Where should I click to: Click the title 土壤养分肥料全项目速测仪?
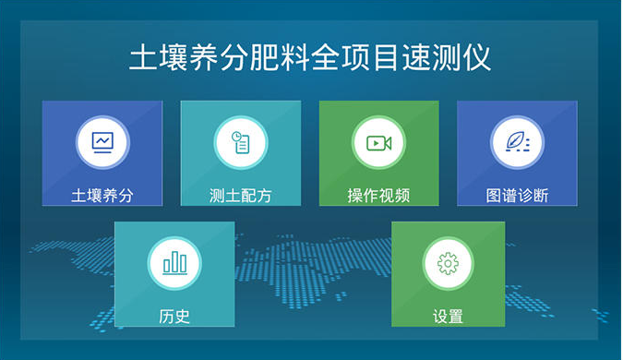pos(310,56)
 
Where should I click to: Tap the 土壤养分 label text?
pos(102,196)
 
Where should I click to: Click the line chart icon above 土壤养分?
pos(102,143)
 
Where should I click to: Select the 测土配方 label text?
pos(241,196)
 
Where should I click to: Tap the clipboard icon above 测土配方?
pos(241,143)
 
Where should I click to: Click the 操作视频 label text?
pos(378,196)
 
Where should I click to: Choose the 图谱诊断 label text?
pos(517,196)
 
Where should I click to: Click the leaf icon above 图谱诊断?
pos(517,143)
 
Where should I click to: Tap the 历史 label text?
pos(174,317)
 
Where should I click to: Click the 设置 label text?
pos(448,317)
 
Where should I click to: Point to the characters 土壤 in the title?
pos(159,56)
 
